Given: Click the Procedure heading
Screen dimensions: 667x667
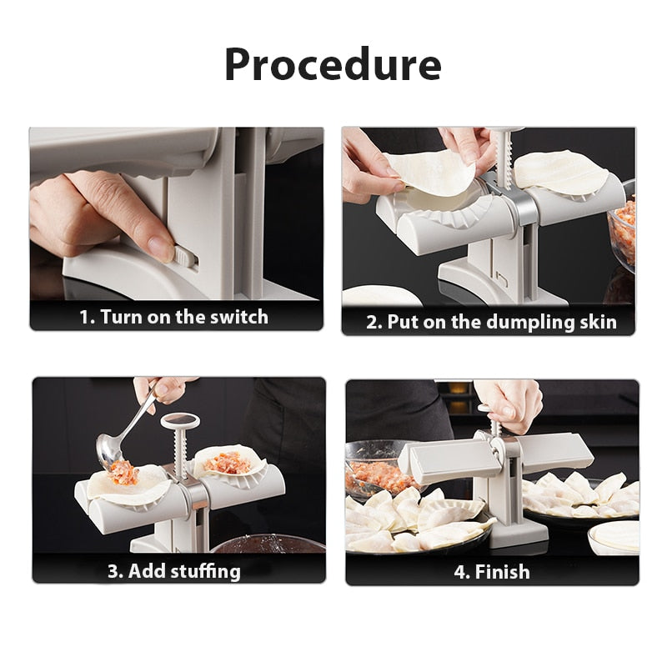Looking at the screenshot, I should [x=333, y=64].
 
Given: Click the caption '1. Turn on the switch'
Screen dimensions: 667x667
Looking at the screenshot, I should [x=174, y=317].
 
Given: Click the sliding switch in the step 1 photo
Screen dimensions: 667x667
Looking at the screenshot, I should [x=186, y=253].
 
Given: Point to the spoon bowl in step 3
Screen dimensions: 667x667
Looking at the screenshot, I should [x=112, y=451].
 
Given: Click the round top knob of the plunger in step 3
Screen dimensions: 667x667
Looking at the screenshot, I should [x=178, y=419].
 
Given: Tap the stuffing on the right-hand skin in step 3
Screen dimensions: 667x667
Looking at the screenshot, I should [x=227, y=461].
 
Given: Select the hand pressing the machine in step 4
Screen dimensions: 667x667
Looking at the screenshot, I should [x=509, y=403].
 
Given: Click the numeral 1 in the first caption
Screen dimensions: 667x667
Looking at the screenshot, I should [x=84, y=317].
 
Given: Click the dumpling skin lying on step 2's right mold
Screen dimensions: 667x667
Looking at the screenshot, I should [x=560, y=169].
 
